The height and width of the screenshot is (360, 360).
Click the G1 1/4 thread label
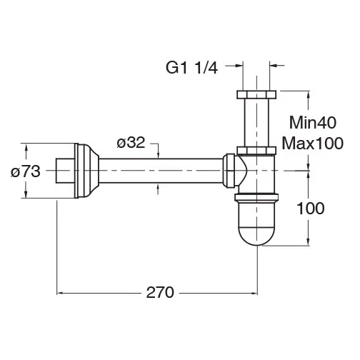pyautogui.click(x=191, y=68)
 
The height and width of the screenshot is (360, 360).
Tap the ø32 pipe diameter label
pyautogui.click(x=131, y=143)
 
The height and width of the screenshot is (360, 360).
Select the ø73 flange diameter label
pyautogui.click(x=26, y=171)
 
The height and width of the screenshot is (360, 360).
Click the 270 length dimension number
pyautogui.click(x=160, y=292)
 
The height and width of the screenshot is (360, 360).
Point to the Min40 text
pyautogui.click(x=313, y=123)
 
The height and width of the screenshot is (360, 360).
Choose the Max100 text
pyautogui.click(x=313, y=144)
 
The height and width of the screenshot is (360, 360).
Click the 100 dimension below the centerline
pyautogui.click(x=311, y=208)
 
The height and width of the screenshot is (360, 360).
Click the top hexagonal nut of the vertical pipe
pyautogui.click(x=256, y=94)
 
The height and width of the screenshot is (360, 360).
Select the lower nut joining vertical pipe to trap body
pyautogui.click(x=256, y=151)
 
